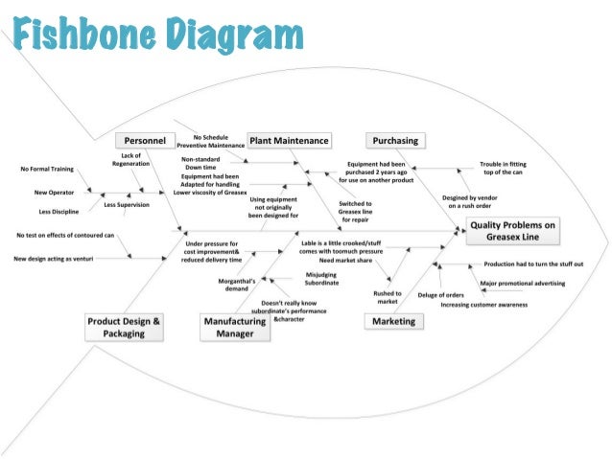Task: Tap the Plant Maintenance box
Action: (x=289, y=140)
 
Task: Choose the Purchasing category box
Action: (x=395, y=140)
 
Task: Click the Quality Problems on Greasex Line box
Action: (x=512, y=230)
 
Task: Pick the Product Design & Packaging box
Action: (x=124, y=328)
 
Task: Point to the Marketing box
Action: (x=394, y=321)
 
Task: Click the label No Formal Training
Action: (x=48, y=170)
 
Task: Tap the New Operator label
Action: (x=49, y=193)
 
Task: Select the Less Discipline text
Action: (x=59, y=211)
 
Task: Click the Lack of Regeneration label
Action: (x=131, y=159)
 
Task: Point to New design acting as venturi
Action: (x=64, y=258)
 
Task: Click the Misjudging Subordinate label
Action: (x=322, y=280)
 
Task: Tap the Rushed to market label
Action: (x=388, y=297)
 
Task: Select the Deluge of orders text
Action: (x=441, y=294)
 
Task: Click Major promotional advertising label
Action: (x=523, y=284)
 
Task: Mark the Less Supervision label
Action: (x=127, y=204)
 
